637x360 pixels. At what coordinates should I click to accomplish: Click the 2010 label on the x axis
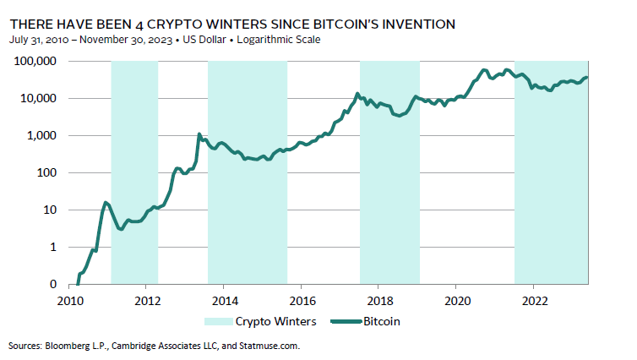(x=71, y=299)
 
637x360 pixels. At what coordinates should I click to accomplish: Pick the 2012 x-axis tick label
(x=148, y=299)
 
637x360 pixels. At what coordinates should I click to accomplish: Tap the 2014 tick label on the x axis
(x=225, y=299)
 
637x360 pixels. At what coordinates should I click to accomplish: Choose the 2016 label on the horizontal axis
(x=302, y=299)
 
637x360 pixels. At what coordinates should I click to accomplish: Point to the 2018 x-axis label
(x=379, y=299)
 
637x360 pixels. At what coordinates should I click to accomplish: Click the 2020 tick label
(x=456, y=299)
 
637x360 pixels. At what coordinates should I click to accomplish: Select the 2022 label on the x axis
(x=533, y=299)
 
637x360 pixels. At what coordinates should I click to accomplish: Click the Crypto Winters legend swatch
(x=216, y=322)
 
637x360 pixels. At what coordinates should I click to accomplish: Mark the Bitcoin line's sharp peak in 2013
(x=199, y=134)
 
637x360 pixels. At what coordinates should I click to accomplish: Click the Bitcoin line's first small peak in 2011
(x=106, y=203)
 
